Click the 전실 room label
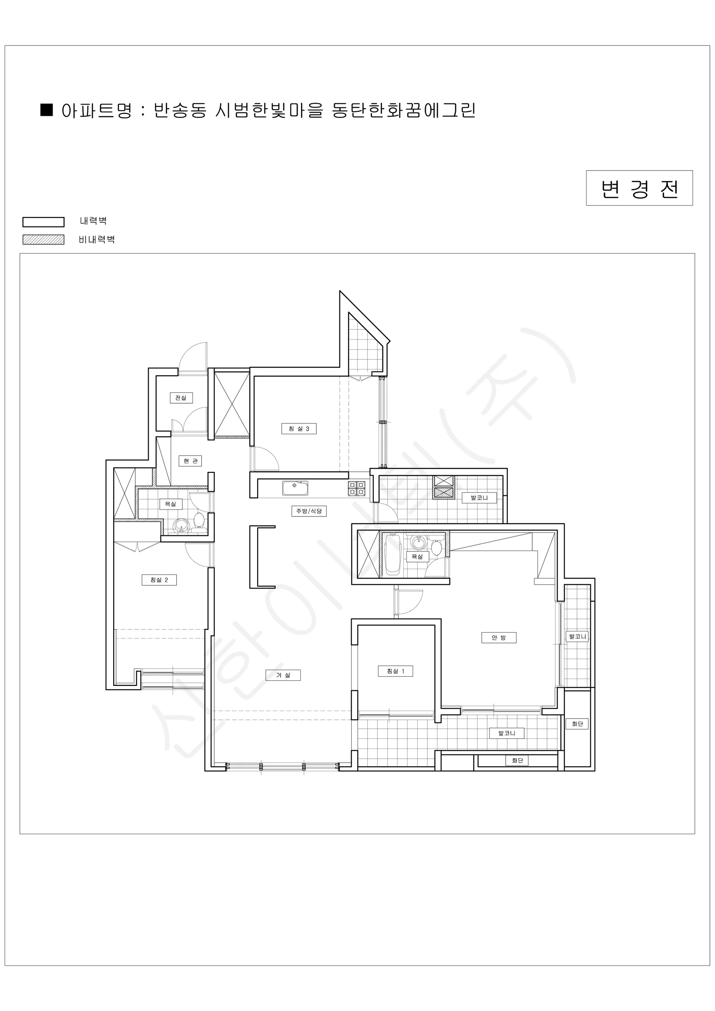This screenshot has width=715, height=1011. (x=181, y=398)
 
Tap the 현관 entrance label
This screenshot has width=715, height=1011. (x=190, y=460)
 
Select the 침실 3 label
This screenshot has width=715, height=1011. (x=299, y=428)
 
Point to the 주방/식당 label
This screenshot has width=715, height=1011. (x=309, y=511)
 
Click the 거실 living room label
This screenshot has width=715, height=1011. (x=283, y=675)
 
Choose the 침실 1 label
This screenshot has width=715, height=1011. (x=395, y=671)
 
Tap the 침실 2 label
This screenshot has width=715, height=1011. (x=159, y=580)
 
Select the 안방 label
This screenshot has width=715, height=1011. (x=499, y=638)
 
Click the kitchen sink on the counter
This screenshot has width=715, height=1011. (x=295, y=488)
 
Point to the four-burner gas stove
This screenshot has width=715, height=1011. (x=357, y=488)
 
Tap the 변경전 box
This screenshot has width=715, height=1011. (x=639, y=188)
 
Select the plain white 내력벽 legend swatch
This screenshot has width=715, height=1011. (x=43, y=222)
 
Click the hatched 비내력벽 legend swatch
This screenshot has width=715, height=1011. (x=43, y=240)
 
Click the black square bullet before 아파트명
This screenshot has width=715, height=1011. (x=47, y=110)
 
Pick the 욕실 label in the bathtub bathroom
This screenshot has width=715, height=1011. (x=417, y=556)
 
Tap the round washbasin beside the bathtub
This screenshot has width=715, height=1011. (x=418, y=543)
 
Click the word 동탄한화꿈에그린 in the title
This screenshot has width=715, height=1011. (x=404, y=110)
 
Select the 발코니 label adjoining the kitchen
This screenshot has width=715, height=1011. (x=479, y=497)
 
